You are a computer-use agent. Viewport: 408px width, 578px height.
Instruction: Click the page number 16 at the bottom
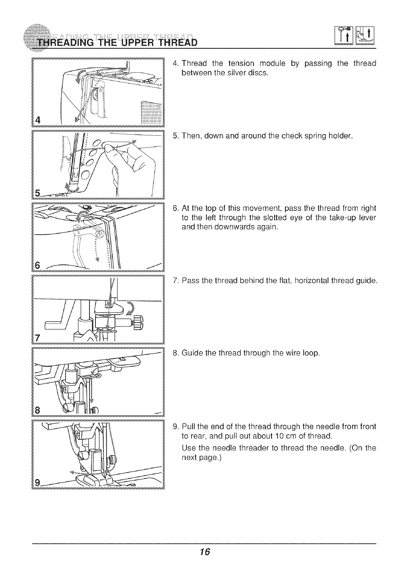205,552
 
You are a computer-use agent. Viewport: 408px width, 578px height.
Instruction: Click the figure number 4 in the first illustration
37,119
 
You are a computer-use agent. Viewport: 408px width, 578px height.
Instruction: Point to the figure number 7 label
38,338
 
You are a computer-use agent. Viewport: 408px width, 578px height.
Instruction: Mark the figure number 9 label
38,483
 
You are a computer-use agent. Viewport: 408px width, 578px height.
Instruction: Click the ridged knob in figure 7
138,322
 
